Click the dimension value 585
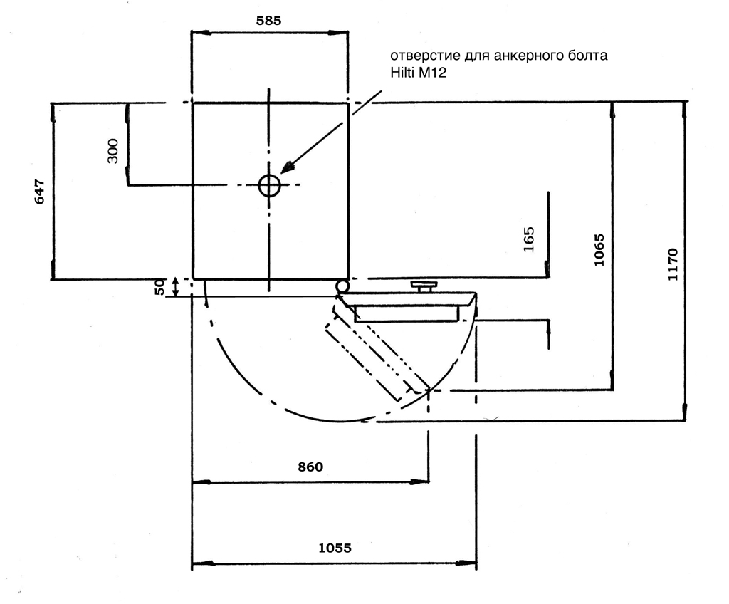[x=268, y=21]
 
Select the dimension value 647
[x=40, y=192]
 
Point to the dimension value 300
[x=113, y=150]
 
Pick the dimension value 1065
[x=599, y=249]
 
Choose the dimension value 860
[x=310, y=467]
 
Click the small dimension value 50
[x=160, y=286]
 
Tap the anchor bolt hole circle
[x=269, y=185]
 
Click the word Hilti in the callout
[x=403, y=73]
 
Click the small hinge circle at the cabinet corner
[x=342, y=286]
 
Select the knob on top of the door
[x=424, y=286]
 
